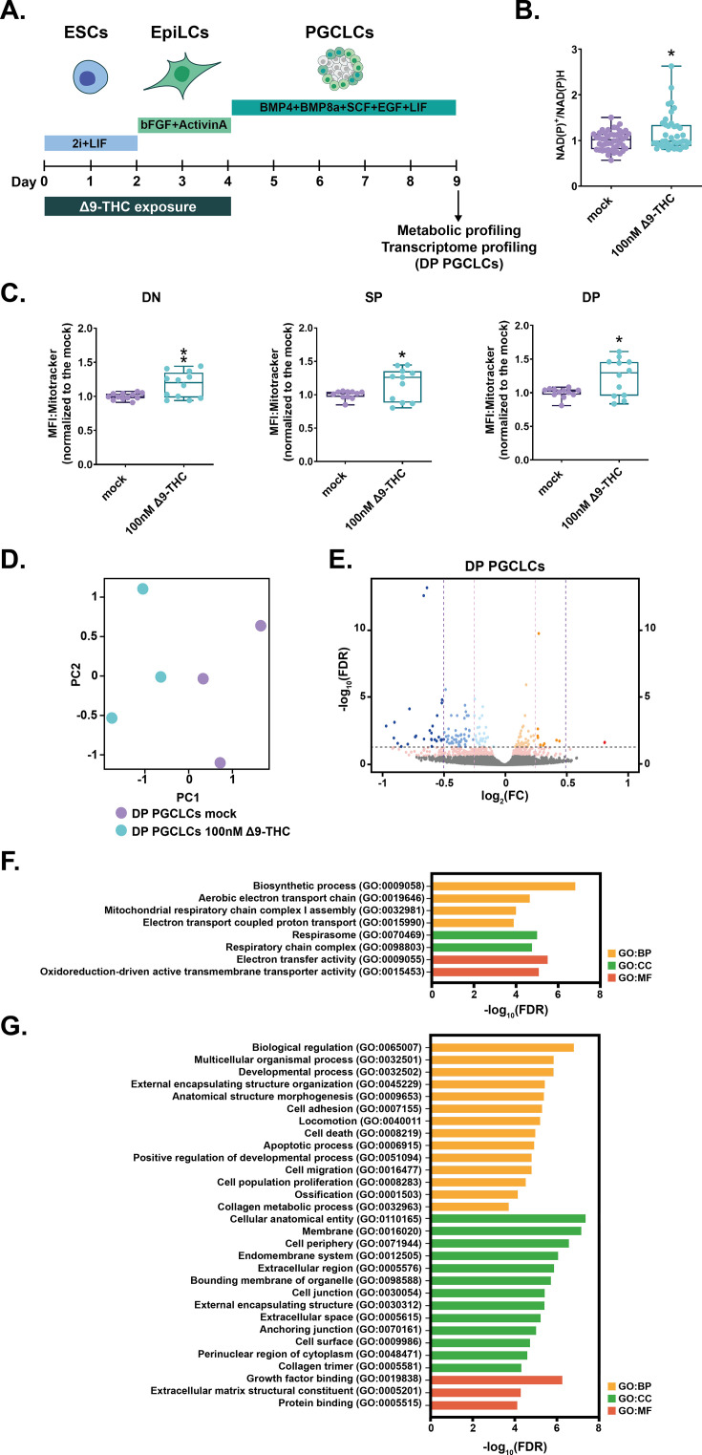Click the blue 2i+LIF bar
click(x=91, y=143)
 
